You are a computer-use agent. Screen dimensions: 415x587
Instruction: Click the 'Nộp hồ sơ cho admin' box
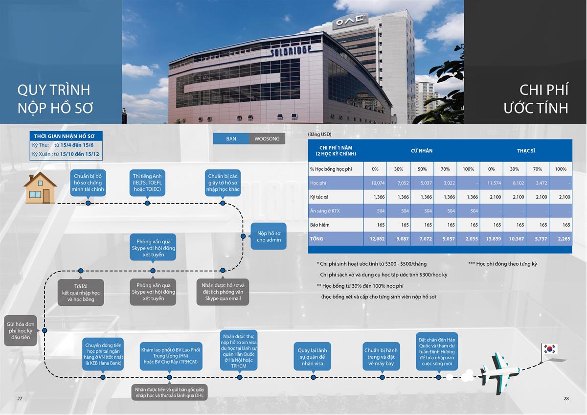(269, 236)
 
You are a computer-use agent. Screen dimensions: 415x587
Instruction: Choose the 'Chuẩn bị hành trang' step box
(381, 357)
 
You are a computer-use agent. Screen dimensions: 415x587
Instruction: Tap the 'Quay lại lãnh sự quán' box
(313, 357)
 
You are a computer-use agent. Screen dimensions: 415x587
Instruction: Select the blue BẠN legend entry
(231, 138)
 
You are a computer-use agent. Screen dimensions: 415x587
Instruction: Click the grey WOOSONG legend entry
(267, 138)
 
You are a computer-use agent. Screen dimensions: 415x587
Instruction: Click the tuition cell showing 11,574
(491, 183)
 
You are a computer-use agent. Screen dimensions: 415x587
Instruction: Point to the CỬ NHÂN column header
(422, 151)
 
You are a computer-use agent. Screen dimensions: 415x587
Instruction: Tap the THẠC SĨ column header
(526, 151)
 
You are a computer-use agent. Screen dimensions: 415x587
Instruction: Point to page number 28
(566, 398)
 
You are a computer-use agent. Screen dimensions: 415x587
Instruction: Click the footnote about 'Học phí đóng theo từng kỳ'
(502, 264)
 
